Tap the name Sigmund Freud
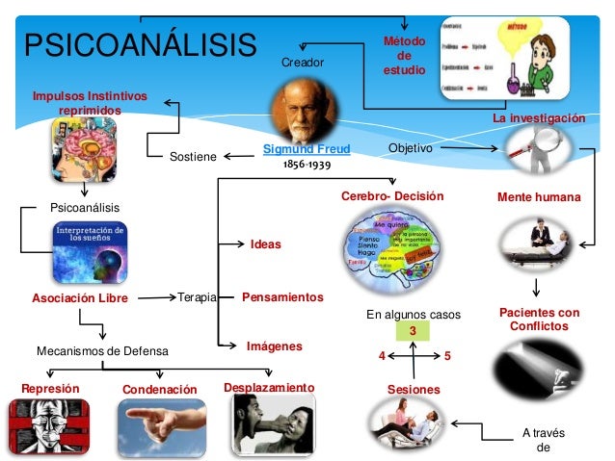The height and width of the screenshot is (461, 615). click(x=307, y=149)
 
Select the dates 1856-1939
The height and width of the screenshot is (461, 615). click(x=307, y=166)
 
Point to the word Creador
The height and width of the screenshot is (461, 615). click(x=303, y=63)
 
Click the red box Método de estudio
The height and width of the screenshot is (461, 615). click(x=404, y=57)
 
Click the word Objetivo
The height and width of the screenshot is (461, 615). click(x=409, y=149)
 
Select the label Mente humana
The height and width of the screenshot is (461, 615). click(x=539, y=196)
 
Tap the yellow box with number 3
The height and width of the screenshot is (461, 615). click(x=413, y=332)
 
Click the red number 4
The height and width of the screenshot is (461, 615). click(x=381, y=356)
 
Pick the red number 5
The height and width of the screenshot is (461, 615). click(x=448, y=356)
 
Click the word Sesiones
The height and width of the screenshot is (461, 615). click(x=414, y=390)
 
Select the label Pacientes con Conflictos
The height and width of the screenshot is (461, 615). click(x=539, y=320)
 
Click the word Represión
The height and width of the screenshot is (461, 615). click(x=50, y=388)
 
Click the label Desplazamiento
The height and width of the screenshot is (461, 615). click(x=268, y=387)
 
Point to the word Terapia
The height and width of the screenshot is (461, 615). click(x=197, y=297)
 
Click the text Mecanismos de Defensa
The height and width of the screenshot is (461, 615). click(x=102, y=352)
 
